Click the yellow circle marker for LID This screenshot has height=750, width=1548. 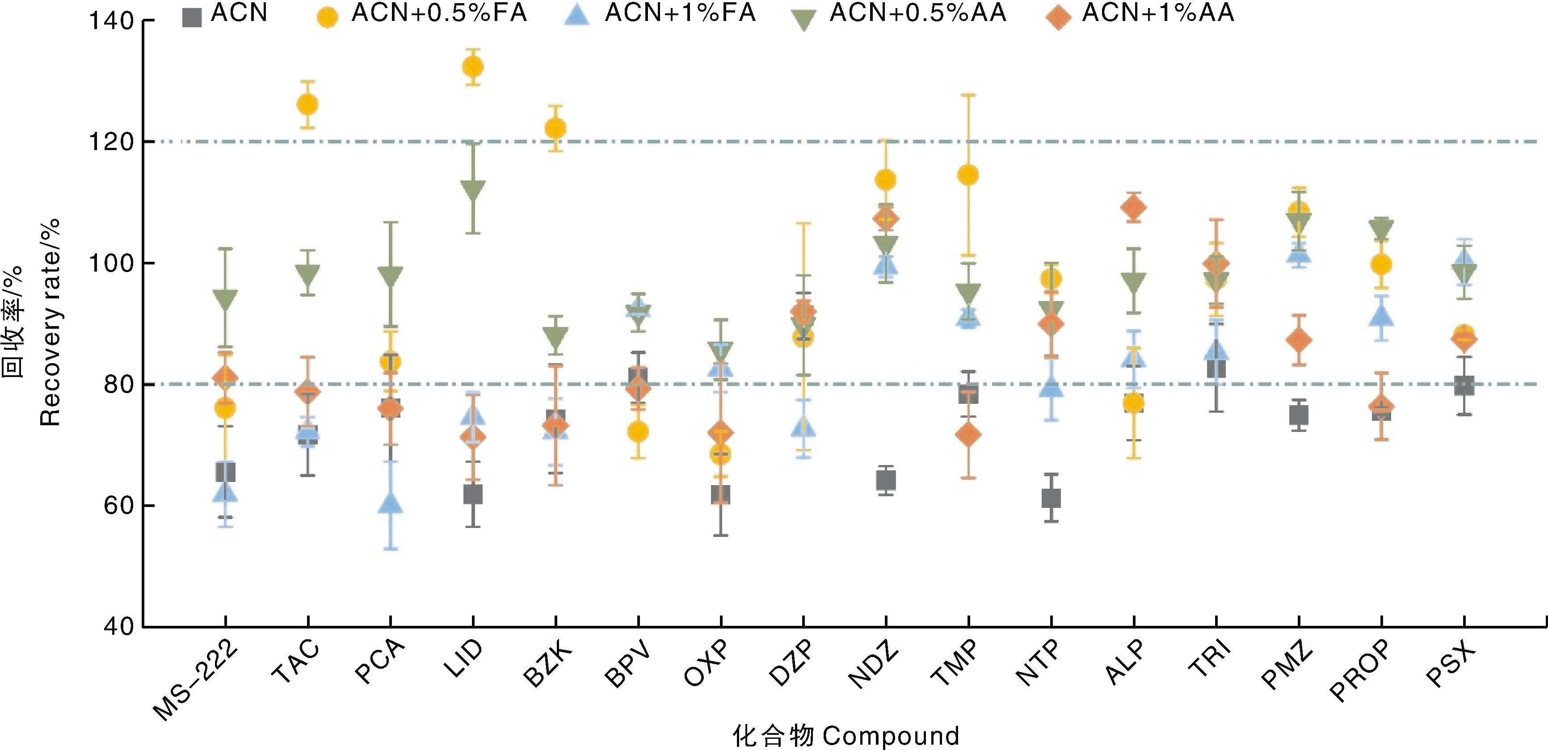pyautogui.click(x=473, y=67)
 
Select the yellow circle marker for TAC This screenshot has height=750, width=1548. pyautogui.click(x=307, y=105)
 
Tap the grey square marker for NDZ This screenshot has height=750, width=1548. pyautogui.click(x=886, y=480)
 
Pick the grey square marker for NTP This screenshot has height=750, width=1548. pyautogui.click(x=1051, y=498)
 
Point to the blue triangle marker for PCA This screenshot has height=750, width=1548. pyautogui.click(x=391, y=503)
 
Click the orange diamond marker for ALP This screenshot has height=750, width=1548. pyautogui.click(x=1134, y=208)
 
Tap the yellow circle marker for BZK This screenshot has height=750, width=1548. pyautogui.click(x=555, y=129)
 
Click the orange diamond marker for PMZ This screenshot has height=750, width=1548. pyautogui.click(x=1299, y=340)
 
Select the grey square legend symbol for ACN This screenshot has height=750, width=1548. pyautogui.click(x=192, y=17)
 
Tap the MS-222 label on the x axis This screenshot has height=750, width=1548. pyautogui.click(x=195, y=680)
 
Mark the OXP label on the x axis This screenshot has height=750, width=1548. pyautogui.click(x=707, y=663)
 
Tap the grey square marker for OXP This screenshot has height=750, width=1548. pyautogui.click(x=720, y=494)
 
